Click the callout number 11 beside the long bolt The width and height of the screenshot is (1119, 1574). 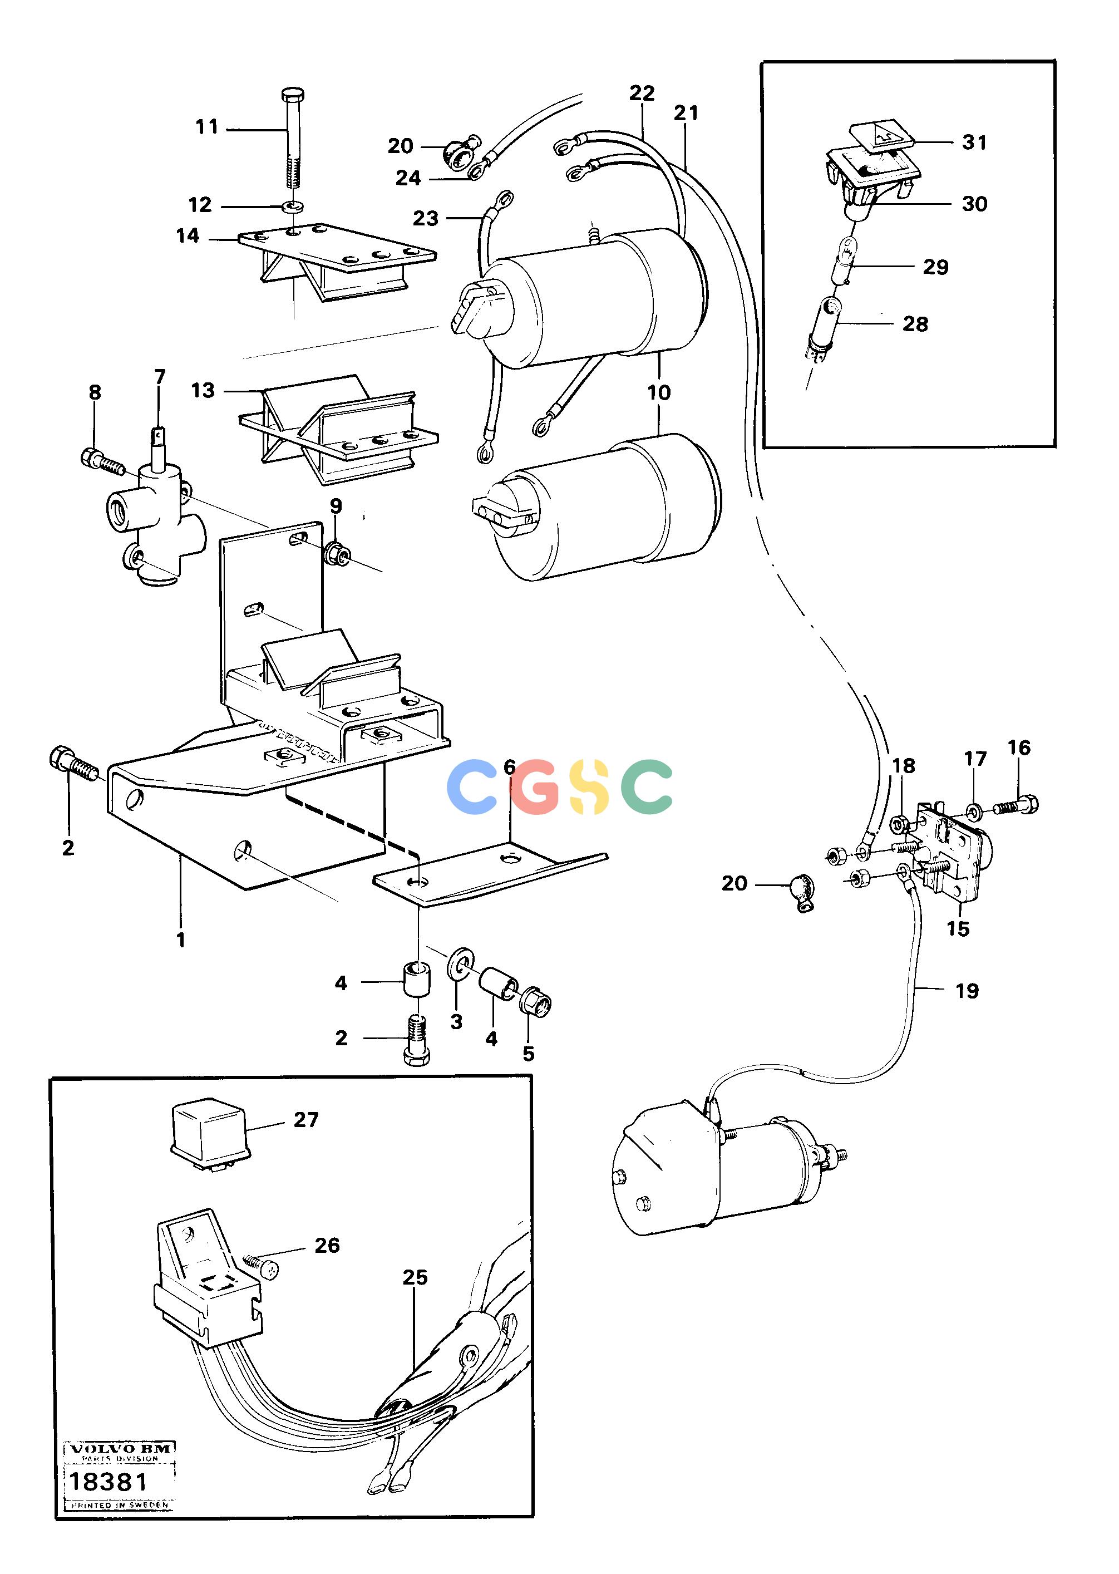pyautogui.click(x=206, y=127)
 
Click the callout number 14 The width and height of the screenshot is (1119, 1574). pyautogui.click(x=188, y=235)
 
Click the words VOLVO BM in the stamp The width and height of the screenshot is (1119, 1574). pyautogui.click(x=120, y=1449)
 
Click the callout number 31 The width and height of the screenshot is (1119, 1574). pyautogui.click(x=974, y=142)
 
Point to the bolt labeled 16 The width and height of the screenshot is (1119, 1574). pyautogui.click(x=1016, y=805)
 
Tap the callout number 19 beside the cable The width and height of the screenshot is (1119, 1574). pyautogui.click(x=967, y=991)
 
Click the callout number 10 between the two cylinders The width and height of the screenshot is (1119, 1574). pyautogui.click(x=659, y=392)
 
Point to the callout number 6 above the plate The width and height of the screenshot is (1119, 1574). pyautogui.click(x=510, y=767)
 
